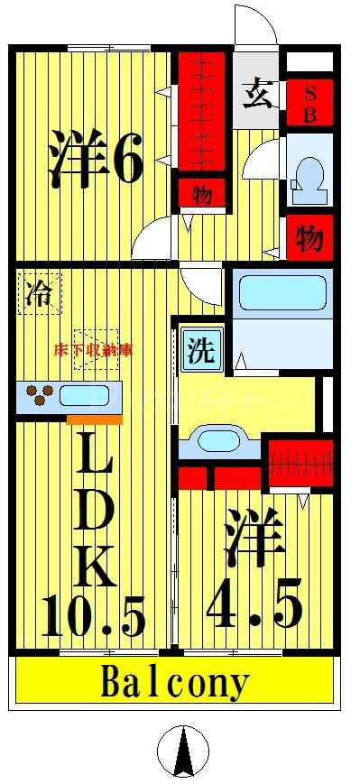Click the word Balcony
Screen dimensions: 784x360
coord(175,683)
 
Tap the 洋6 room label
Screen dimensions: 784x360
coord(96,159)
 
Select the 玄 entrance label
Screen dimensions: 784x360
coord(259,94)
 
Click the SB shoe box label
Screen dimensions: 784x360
coord(309,103)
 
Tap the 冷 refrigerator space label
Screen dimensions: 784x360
coord(38,294)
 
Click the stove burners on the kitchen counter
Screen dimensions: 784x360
coord(39,395)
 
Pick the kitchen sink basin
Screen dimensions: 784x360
coord(85,395)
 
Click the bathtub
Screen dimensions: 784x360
coord(280,291)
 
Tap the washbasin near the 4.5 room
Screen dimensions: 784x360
coord(216,442)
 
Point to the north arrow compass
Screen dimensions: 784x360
coord(184,751)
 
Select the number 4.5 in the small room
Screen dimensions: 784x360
coord(254,606)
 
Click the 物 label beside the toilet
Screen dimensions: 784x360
coord(309,238)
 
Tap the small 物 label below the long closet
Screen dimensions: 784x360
coord(201,194)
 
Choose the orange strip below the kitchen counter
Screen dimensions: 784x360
coord(94,419)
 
